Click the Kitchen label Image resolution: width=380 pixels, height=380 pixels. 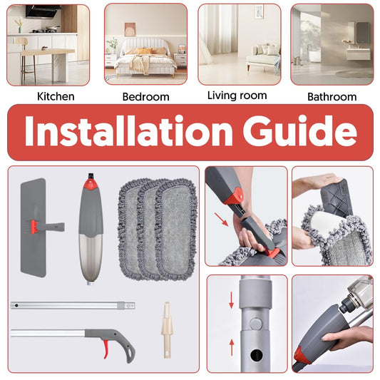[x=56, y=96]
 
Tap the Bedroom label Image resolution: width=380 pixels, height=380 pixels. [x=145, y=97]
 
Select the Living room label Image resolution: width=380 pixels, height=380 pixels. [x=237, y=96]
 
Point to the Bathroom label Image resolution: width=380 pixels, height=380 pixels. [x=332, y=97]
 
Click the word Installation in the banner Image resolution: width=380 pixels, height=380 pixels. [x=128, y=131]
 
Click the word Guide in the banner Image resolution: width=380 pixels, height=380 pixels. [x=300, y=131]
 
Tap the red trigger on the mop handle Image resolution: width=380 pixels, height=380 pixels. [x=106, y=349]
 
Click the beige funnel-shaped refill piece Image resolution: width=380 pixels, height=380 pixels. [x=167, y=329]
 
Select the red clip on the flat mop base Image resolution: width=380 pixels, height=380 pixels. [x=36, y=227]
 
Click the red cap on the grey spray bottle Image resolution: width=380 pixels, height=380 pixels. [x=91, y=184]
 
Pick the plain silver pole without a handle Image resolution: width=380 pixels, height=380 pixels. [x=73, y=306]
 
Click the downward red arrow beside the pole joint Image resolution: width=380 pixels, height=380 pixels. [x=232, y=300]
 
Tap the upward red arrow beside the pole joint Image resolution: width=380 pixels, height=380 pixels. [x=232, y=347]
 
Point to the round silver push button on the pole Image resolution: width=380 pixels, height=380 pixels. [x=256, y=324]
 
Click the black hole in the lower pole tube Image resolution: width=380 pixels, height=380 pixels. [x=257, y=356]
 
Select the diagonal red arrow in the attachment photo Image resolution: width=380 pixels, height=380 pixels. [x=221, y=220]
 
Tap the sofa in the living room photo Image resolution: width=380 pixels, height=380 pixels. [x=263, y=57]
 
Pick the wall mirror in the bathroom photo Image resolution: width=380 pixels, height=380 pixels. [x=363, y=33]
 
